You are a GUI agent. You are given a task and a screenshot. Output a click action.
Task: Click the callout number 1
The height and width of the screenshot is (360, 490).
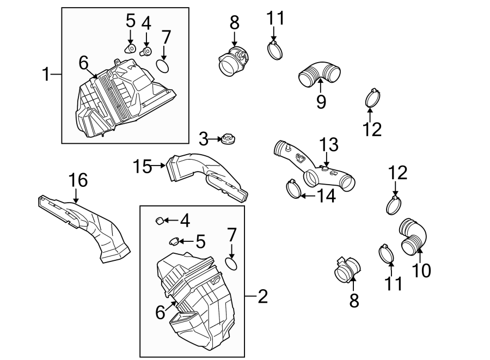46,74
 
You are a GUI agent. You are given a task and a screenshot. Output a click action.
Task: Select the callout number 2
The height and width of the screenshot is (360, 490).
262,296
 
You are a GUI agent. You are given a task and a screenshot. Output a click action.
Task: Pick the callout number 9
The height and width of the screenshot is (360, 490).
321,101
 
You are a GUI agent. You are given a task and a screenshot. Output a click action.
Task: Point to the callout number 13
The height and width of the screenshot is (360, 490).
329,145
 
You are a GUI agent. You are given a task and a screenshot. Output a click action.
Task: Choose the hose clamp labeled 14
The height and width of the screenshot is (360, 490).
294,189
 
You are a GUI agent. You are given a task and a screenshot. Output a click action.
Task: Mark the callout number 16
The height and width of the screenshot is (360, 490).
77,180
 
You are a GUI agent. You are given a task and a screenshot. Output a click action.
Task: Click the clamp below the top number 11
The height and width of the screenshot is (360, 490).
277,51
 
